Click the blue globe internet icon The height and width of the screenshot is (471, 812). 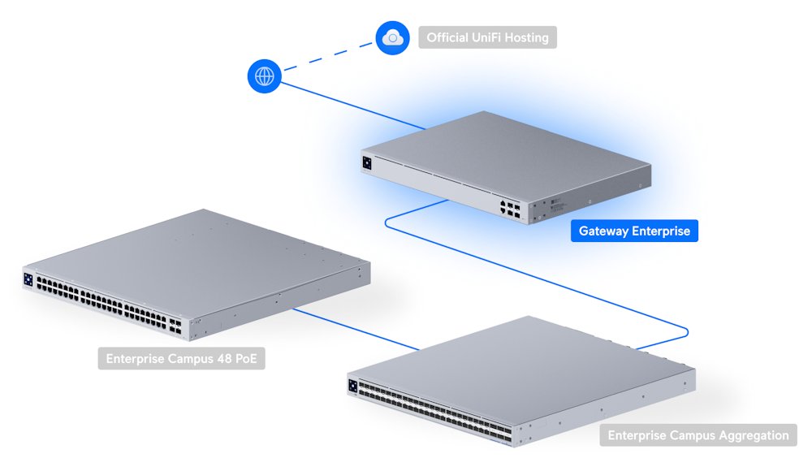tap(265, 76)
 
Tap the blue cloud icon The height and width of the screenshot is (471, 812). tap(393, 37)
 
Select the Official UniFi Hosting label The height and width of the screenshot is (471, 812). tap(487, 37)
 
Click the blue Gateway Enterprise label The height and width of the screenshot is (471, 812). tap(634, 231)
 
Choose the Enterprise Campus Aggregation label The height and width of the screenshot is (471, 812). tap(698, 435)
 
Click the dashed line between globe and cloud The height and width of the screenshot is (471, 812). tap(329, 57)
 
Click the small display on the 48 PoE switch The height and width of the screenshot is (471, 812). tap(28, 279)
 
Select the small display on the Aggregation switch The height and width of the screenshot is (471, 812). tap(352, 387)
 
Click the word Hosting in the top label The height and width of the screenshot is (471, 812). tap(525, 37)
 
